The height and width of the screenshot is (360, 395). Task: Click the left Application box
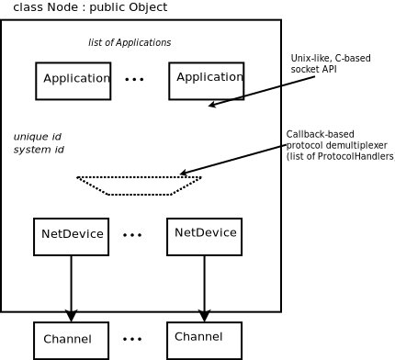73,81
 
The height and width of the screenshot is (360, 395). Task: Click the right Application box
207,81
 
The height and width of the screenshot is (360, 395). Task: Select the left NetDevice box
72,236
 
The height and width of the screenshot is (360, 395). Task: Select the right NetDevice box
204,236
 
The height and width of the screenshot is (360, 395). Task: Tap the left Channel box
71,340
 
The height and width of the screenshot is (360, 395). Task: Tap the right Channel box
204,340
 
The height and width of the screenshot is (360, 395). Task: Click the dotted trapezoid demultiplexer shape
139,186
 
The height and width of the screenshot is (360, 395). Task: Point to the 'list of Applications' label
130,42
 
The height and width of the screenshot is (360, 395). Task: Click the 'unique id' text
37,137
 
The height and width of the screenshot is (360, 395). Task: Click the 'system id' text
39,150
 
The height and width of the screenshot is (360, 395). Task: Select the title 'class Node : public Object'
90,7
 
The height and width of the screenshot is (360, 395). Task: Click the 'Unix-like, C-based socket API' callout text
331,63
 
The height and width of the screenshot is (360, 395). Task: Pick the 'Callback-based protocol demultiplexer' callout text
338,145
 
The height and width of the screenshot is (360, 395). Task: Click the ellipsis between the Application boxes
135,80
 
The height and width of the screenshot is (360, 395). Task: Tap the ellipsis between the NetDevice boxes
132,235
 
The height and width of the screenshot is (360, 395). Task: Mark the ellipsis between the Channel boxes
132,339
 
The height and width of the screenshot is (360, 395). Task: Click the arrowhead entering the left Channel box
72,316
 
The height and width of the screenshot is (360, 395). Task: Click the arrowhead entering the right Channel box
204,316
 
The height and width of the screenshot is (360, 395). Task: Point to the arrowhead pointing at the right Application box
213,106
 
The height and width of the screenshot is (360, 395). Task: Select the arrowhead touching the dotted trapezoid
185,173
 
